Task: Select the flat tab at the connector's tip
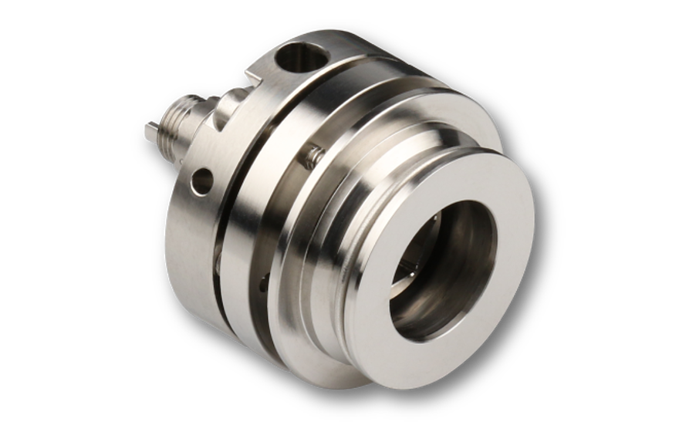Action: (x=150, y=132)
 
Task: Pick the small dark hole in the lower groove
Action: (x=265, y=285)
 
